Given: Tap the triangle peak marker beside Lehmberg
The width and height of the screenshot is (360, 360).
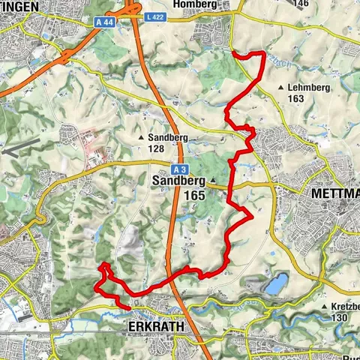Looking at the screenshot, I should pyautogui.click(x=280, y=88).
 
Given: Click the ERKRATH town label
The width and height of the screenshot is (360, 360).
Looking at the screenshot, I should pyautogui.click(x=154, y=328).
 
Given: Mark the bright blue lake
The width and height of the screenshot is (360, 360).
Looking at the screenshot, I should pyautogui.click(x=277, y=283).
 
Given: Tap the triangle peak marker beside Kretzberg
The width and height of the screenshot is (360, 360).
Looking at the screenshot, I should pyautogui.click(x=324, y=307).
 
